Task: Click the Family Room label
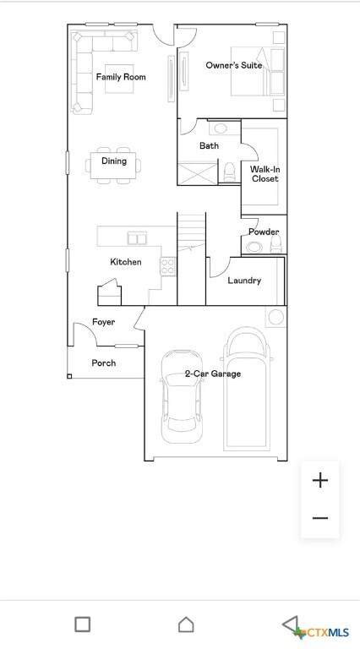point(121,77)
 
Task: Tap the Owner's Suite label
point(233,65)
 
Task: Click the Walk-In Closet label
point(265,174)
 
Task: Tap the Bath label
point(209,146)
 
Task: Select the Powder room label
point(264,232)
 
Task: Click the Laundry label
point(244,281)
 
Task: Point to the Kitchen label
point(126,262)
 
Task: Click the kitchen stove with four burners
point(168,266)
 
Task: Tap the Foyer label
point(104,322)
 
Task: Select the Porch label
point(104,363)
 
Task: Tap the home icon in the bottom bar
point(186,624)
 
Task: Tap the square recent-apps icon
point(82,624)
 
